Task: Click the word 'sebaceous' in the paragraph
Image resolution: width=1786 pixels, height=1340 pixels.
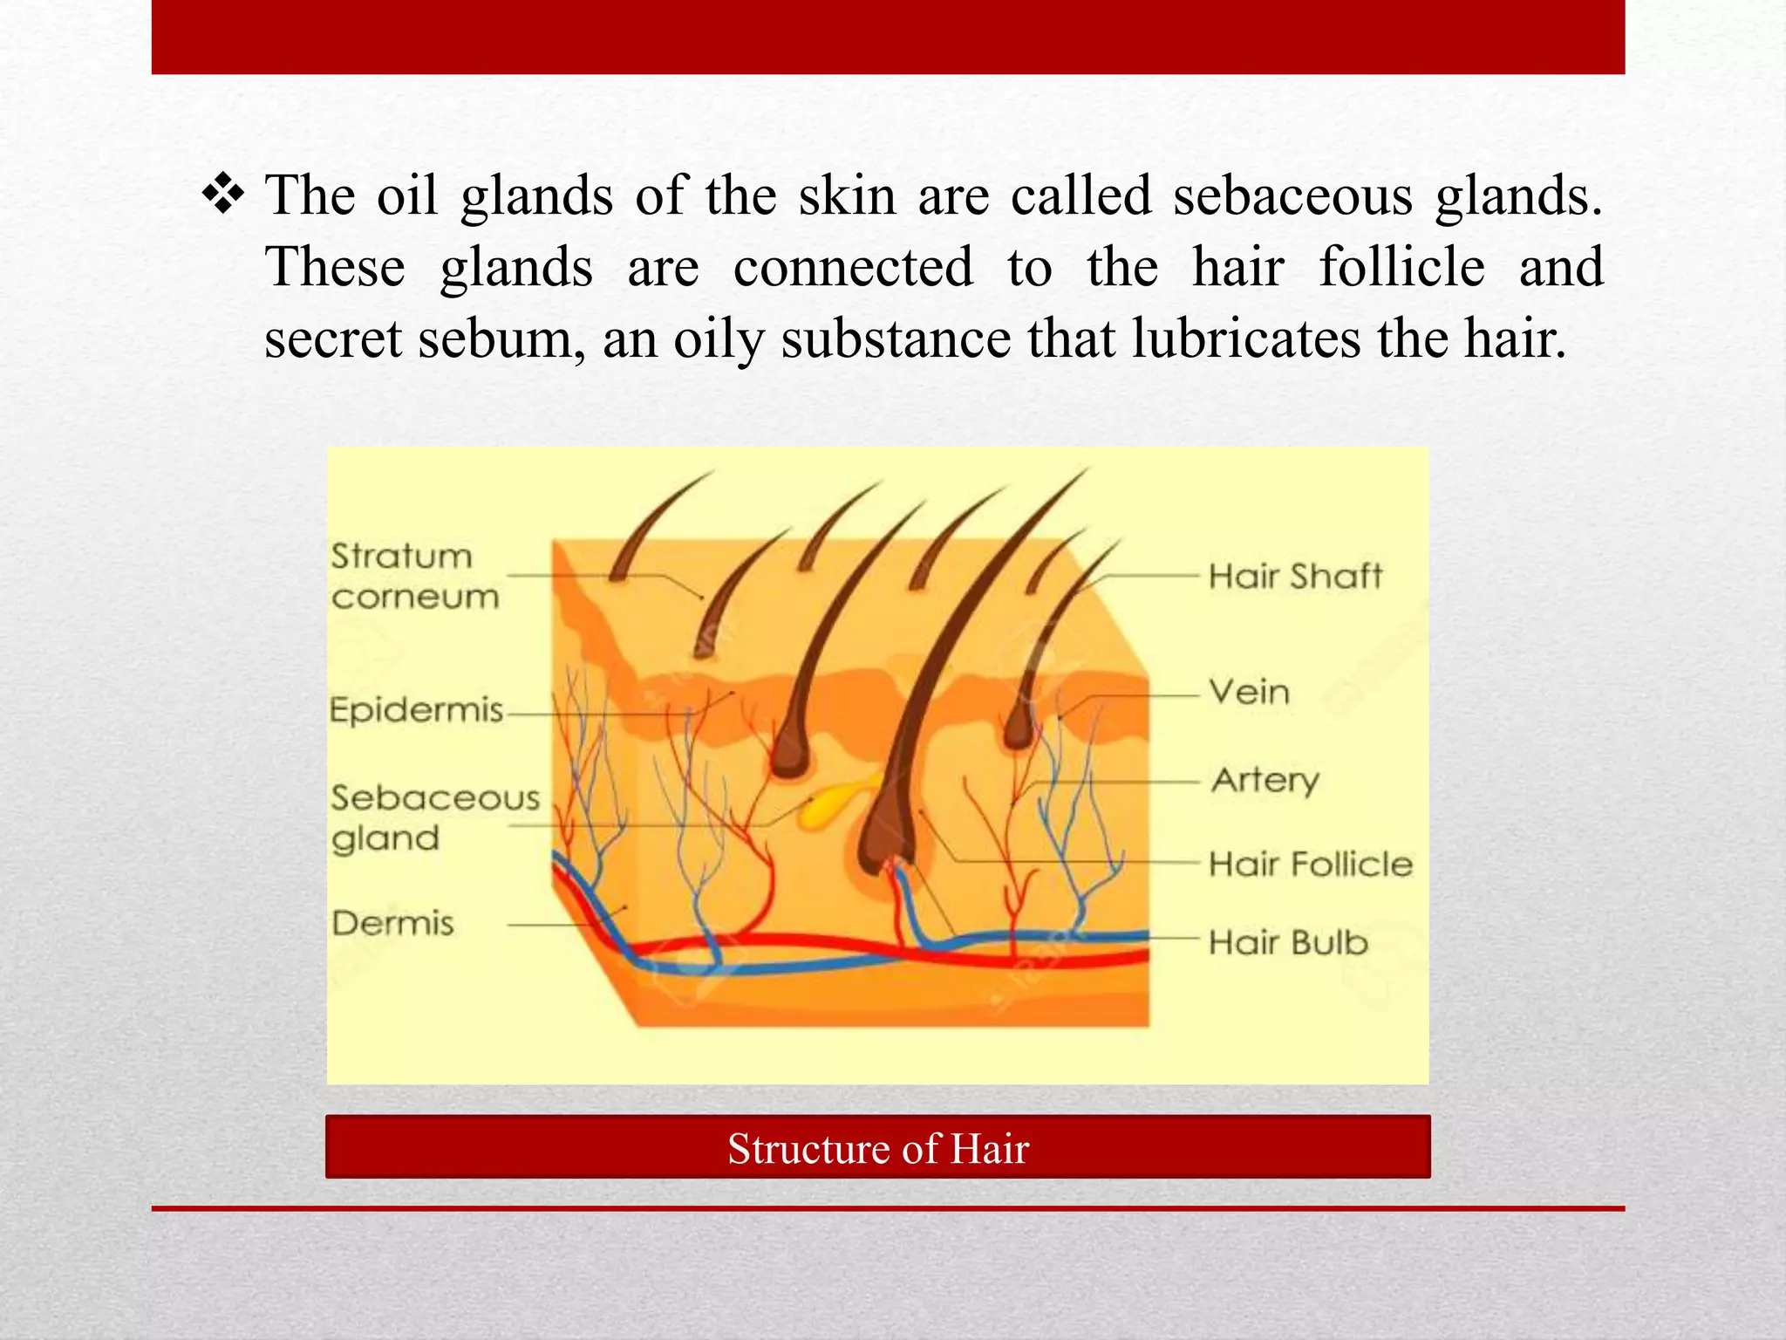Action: [x=1292, y=195]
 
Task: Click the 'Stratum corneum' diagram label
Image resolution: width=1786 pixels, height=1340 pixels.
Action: [x=414, y=577]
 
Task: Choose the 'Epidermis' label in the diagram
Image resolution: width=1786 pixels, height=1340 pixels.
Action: [x=417, y=711]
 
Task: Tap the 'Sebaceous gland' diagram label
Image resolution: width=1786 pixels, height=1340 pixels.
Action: [x=434, y=818]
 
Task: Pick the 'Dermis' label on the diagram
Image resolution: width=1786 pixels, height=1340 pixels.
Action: [x=393, y=923]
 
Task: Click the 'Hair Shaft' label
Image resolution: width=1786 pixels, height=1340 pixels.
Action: [x=1295, y=577]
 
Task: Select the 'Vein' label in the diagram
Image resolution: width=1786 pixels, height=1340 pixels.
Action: [x=1249, y=693]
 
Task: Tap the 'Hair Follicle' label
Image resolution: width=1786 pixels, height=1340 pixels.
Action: [x=1310, y=865]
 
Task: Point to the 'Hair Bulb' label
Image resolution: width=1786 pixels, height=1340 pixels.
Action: [x=1288, y=943]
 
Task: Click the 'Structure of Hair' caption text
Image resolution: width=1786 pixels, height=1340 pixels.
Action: [x=878, y=1149]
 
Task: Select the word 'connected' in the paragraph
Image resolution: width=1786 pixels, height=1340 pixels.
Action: [x=853, y=267]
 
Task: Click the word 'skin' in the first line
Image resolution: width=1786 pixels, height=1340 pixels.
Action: [x=848, y=195]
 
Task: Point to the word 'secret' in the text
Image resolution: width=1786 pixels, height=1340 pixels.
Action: [x=332, y=338]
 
